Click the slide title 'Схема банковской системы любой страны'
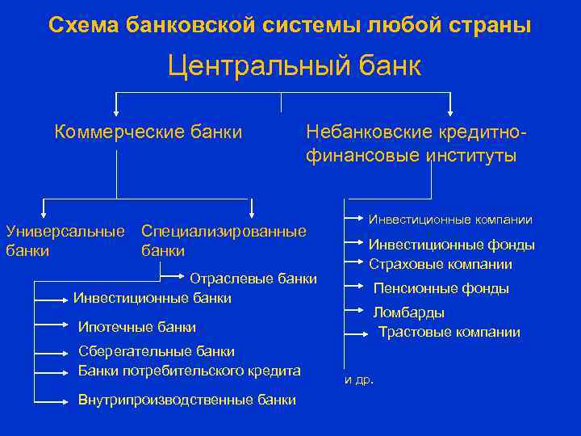pos(290,25)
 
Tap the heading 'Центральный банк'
pos(294,65)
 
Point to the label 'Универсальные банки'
pos(65,241)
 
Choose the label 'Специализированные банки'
pos(224,241)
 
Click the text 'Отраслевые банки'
pos(253,279)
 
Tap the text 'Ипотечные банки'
pos(136,326)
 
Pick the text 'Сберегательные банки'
pos(156,351)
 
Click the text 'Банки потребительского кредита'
pos(189,371)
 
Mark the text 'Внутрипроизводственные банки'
pos(186,400)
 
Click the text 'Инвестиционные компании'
pos(450,219)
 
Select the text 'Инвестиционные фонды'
pos(451,245)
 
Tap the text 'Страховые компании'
pos(440,264)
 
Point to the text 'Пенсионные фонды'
pos(441,288)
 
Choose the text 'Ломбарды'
pos(408,312)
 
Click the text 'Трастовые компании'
pos(449,332)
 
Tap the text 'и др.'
pos(359,379)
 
